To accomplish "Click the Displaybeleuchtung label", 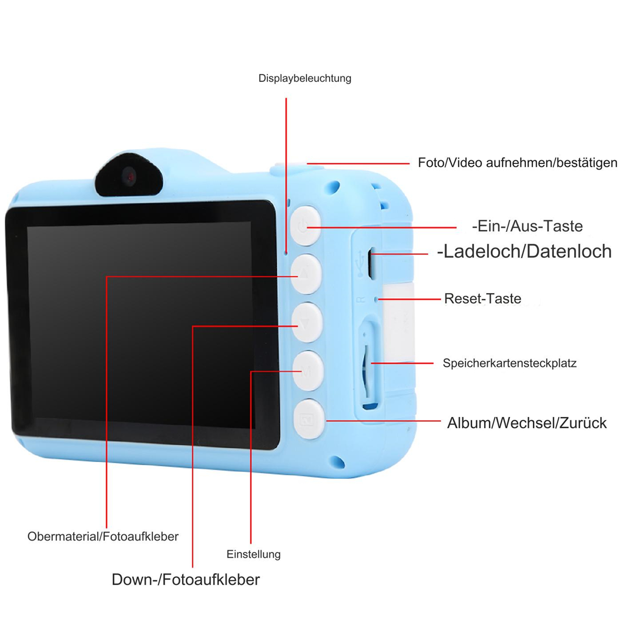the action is point(305,78).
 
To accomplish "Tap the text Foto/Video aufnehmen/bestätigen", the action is point(518,163).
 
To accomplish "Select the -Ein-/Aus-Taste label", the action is point(528,226).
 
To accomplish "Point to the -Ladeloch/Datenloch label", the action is point(524,251).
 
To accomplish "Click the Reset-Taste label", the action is point(483,298).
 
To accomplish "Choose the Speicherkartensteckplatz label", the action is point(509,363).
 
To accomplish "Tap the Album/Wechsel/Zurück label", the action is point(526,423).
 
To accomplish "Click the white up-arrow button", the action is point(306,274).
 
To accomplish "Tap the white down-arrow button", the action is point(307,322).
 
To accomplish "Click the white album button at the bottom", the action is point(309,419).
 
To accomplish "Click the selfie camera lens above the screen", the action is point(129,176).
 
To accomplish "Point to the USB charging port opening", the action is point(371,263).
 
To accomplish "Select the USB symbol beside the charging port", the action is point(360,263).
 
